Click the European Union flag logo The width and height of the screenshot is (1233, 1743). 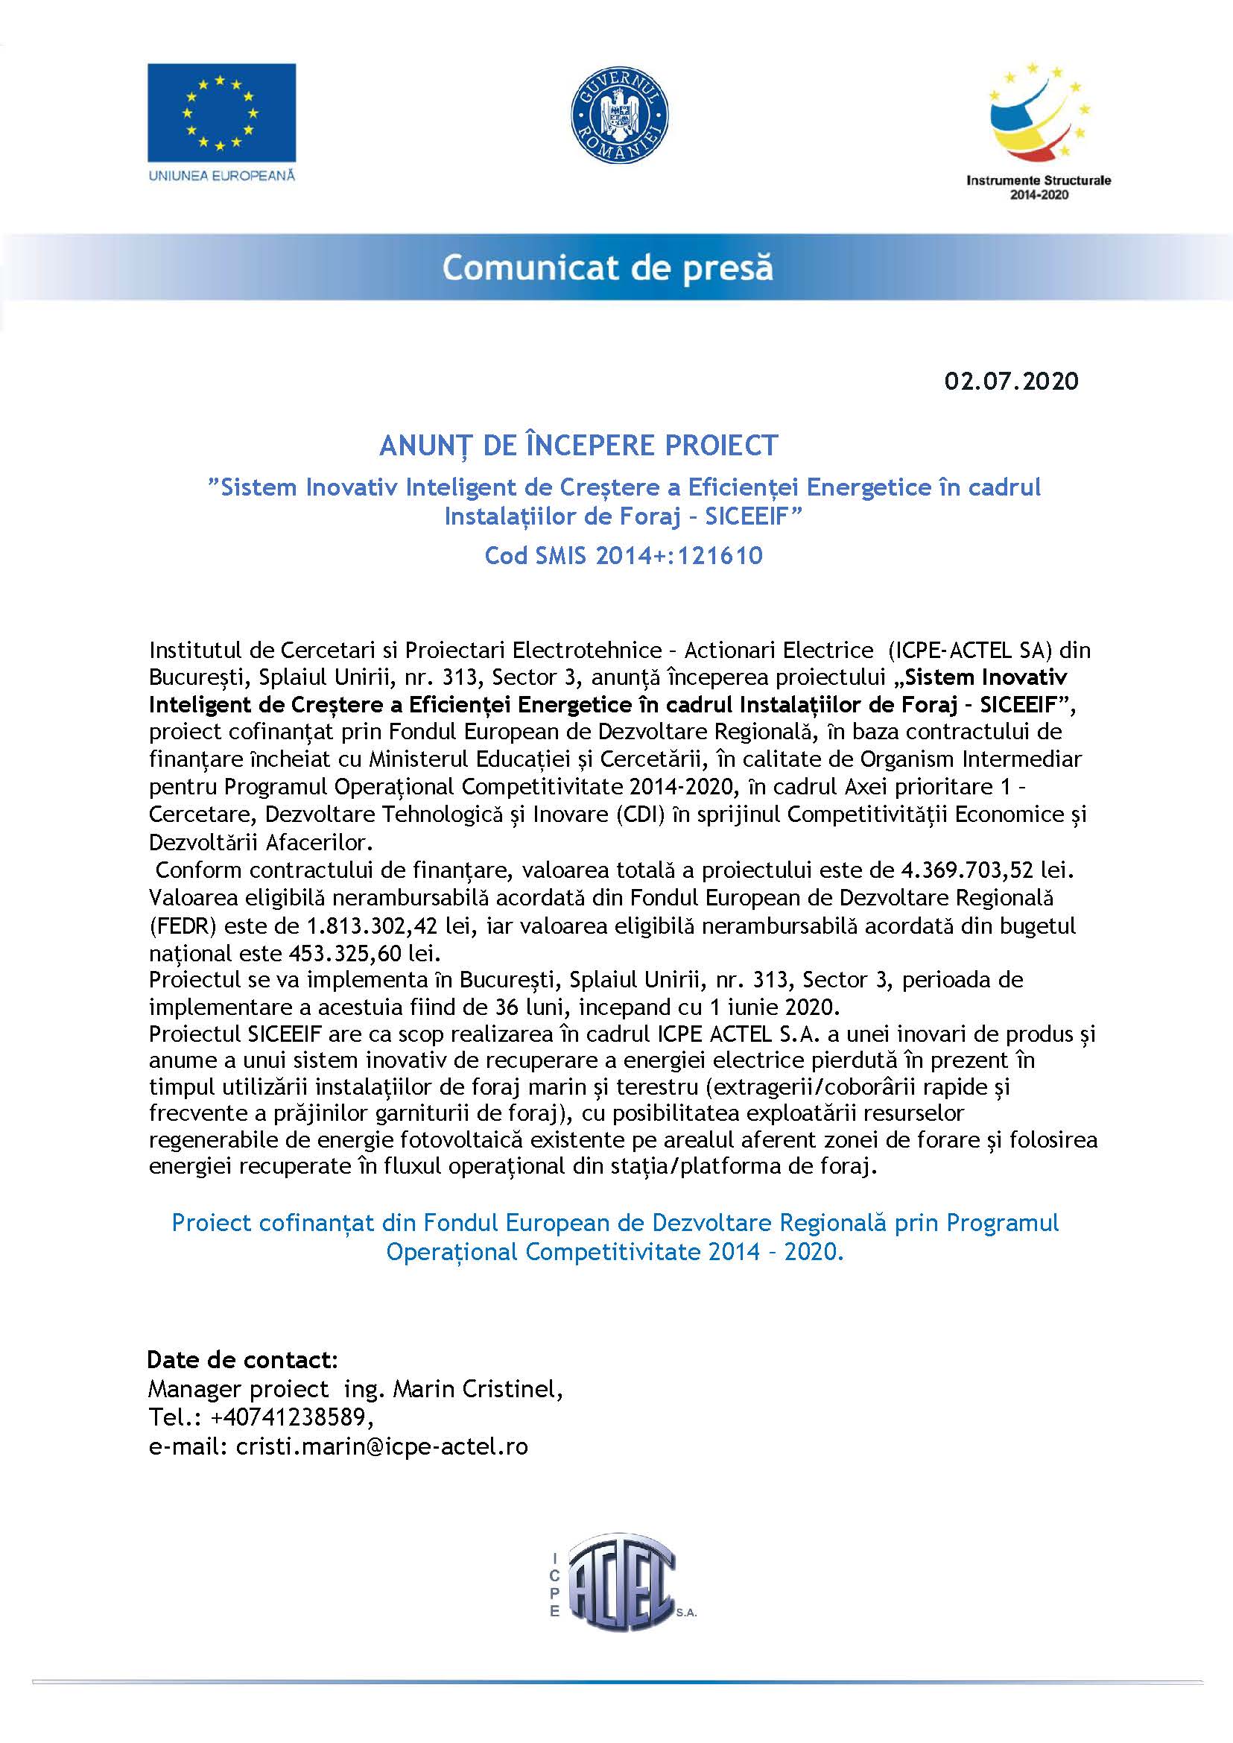221,112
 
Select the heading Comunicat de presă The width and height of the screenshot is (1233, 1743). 607,268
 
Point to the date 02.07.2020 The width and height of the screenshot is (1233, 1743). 1011,381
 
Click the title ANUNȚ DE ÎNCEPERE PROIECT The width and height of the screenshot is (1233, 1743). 579,445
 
